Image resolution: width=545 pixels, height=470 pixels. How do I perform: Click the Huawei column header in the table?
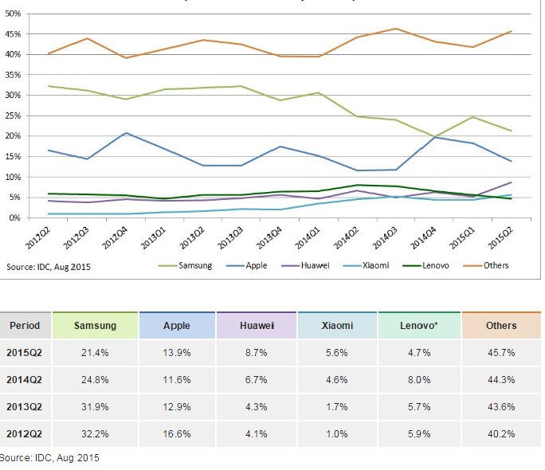257,325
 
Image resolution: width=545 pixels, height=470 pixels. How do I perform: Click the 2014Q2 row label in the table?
25,380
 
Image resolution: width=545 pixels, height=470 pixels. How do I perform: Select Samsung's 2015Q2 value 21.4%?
95,352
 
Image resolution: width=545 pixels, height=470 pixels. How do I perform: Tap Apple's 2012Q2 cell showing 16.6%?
176,434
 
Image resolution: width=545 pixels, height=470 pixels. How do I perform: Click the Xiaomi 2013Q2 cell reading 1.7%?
337,407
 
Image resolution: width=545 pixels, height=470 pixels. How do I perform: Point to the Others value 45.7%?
501,352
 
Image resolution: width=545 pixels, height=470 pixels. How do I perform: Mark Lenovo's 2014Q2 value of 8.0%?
419,380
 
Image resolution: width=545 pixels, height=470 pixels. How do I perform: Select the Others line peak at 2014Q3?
396,29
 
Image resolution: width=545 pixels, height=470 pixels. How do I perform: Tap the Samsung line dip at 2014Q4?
434,136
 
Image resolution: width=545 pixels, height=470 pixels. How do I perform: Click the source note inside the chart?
49,267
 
